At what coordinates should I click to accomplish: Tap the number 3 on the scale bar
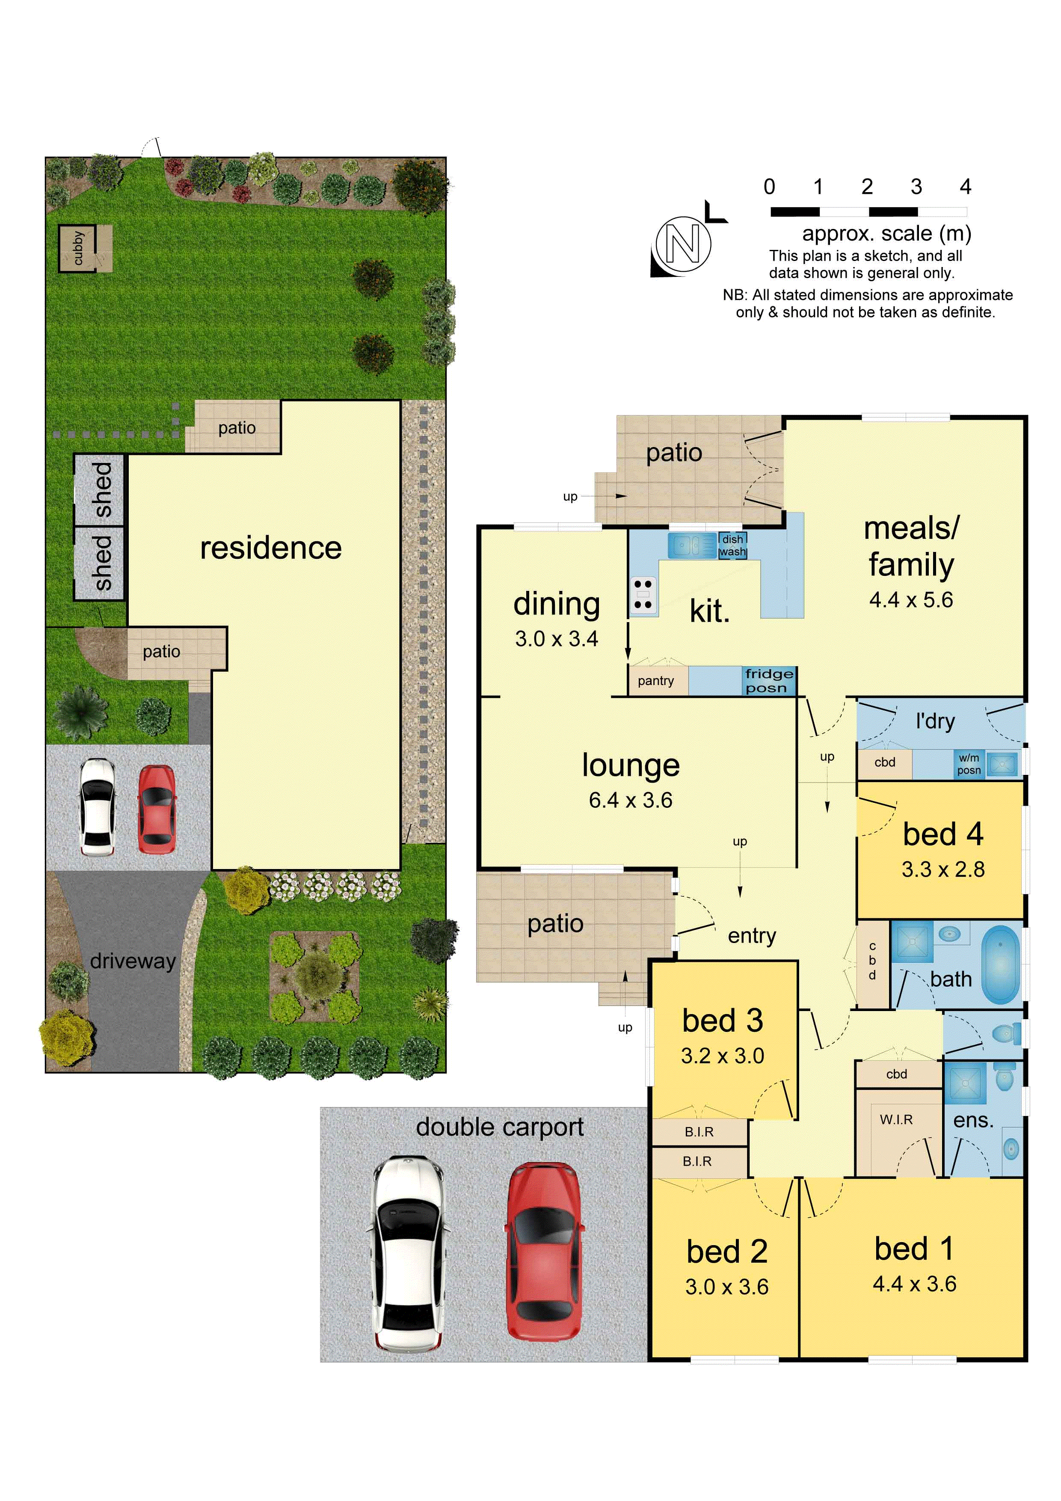[916, 187]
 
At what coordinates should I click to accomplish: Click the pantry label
[656, 681]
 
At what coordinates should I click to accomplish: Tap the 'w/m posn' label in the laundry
[969, 764]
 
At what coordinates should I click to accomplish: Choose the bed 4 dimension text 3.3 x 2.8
[942, 869]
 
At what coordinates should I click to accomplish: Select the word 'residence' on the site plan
[271, 547]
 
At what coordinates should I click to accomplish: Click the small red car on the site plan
[156, 810]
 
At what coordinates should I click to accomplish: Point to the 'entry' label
[752, 935]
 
